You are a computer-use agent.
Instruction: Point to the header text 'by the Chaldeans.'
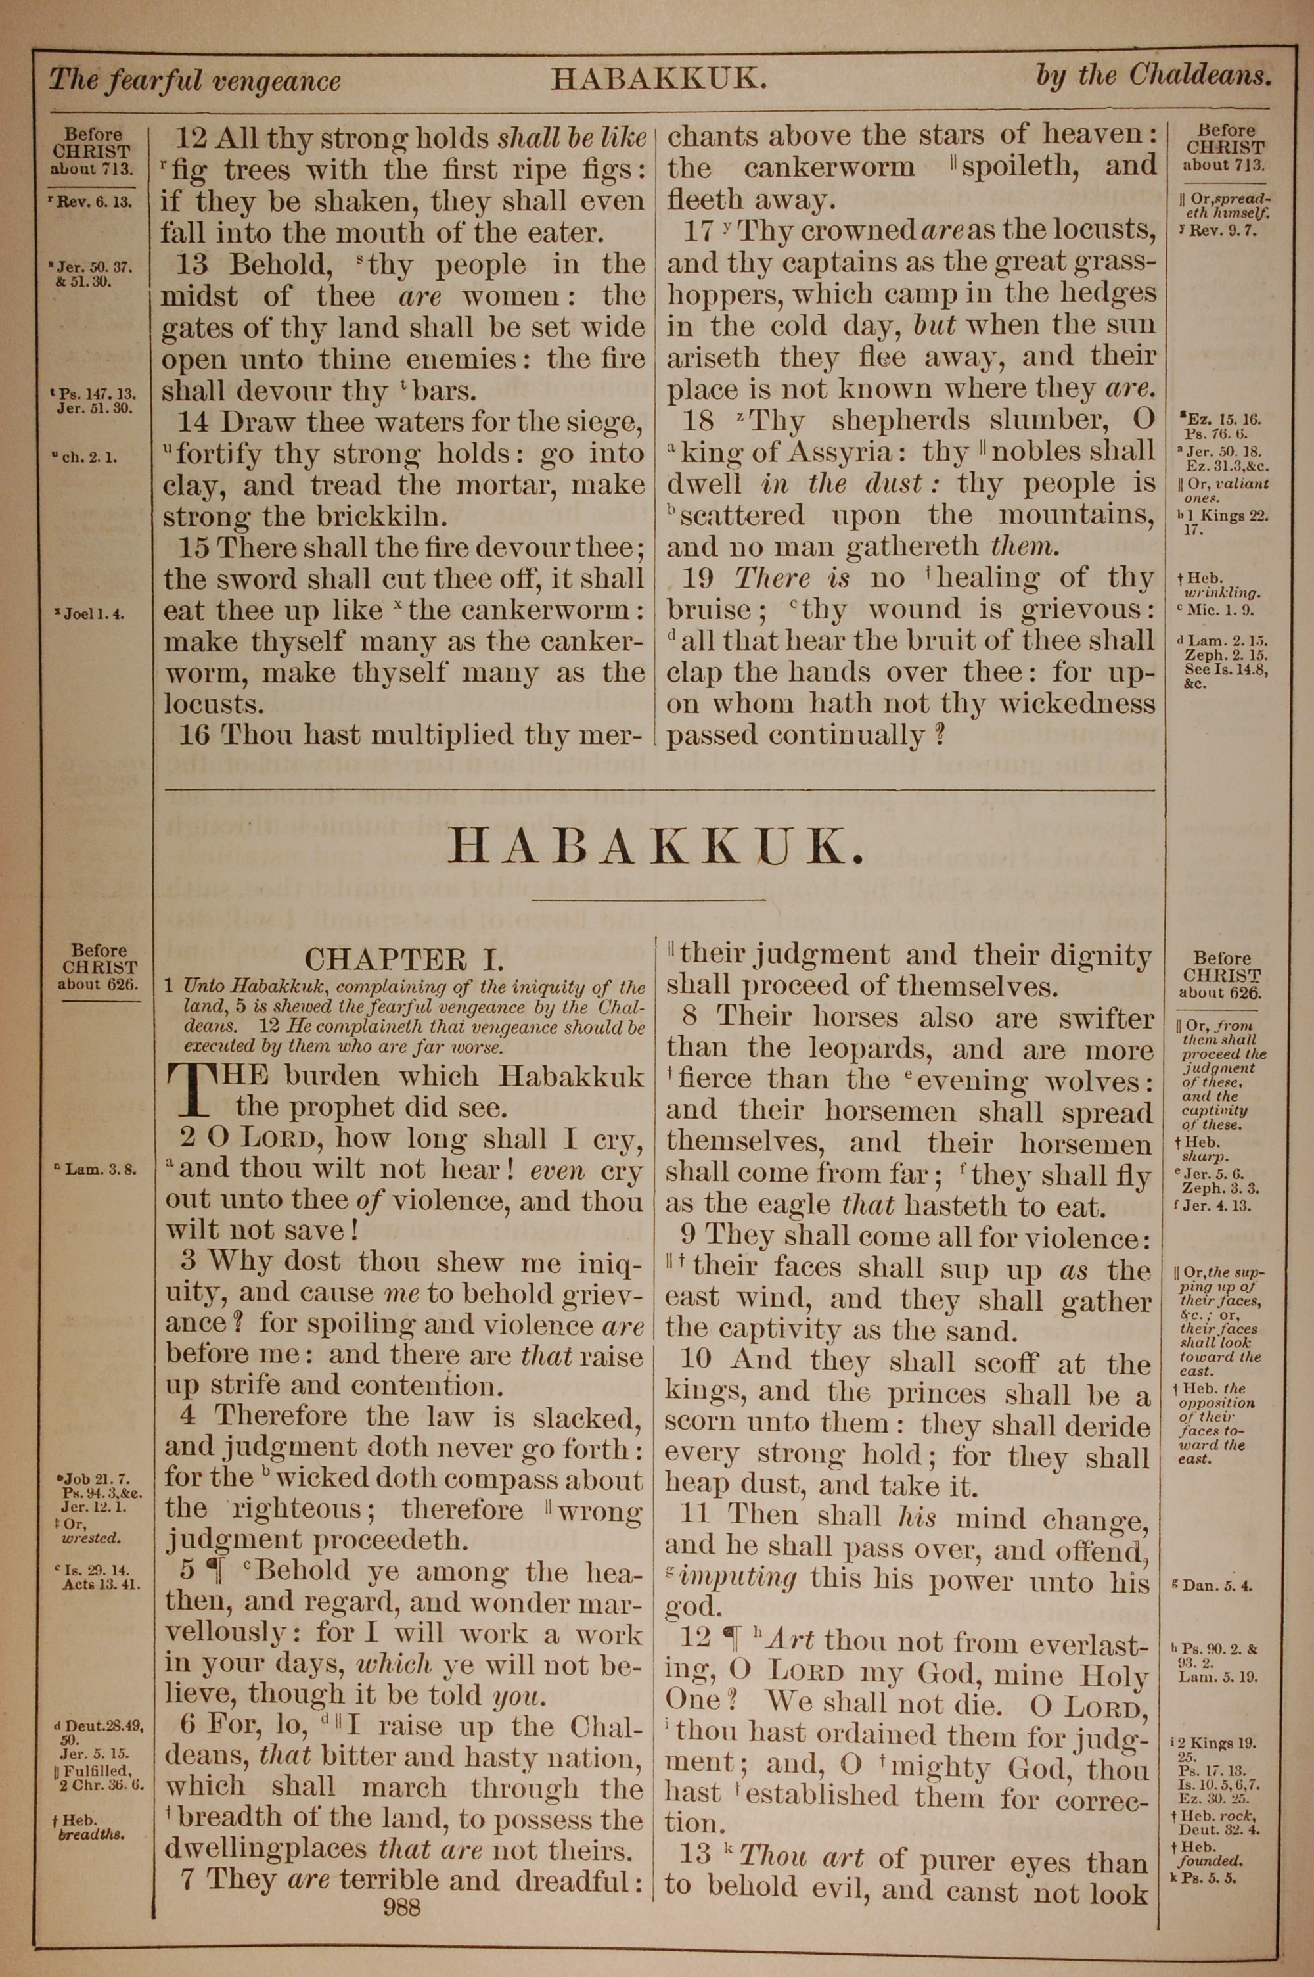point(1153,76)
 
